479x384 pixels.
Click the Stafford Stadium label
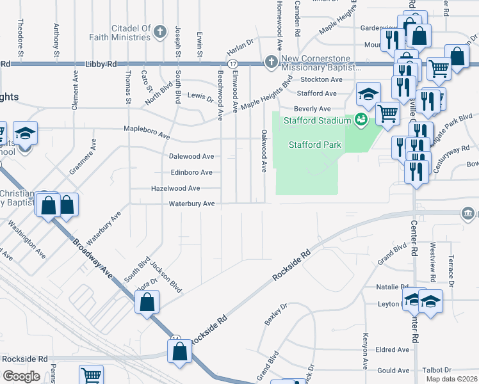(314, 120)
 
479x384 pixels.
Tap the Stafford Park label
(314, 145)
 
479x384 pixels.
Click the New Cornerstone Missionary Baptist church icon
(271, 62)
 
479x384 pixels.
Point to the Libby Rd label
(101, 65)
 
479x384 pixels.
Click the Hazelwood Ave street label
(175, 188)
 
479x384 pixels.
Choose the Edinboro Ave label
(191, 172)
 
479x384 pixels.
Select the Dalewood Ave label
(191, 156)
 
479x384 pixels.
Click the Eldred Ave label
(393, 350)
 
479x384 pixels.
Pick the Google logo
(21, 376)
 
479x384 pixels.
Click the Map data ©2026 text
(451, 379)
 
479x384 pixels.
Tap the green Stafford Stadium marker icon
(361, 119)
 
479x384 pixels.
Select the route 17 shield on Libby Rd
(232, 64)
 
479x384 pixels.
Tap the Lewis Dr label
(200, 97)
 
